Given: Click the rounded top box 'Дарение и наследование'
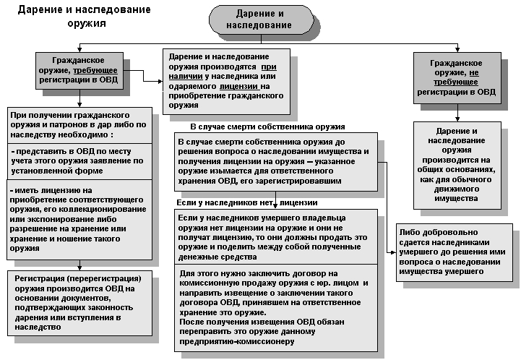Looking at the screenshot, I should click(x=260, y=20).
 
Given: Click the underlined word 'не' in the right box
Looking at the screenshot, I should click(x=473, y=72).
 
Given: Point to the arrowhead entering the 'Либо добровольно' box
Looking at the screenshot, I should click(x=395, y=252).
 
